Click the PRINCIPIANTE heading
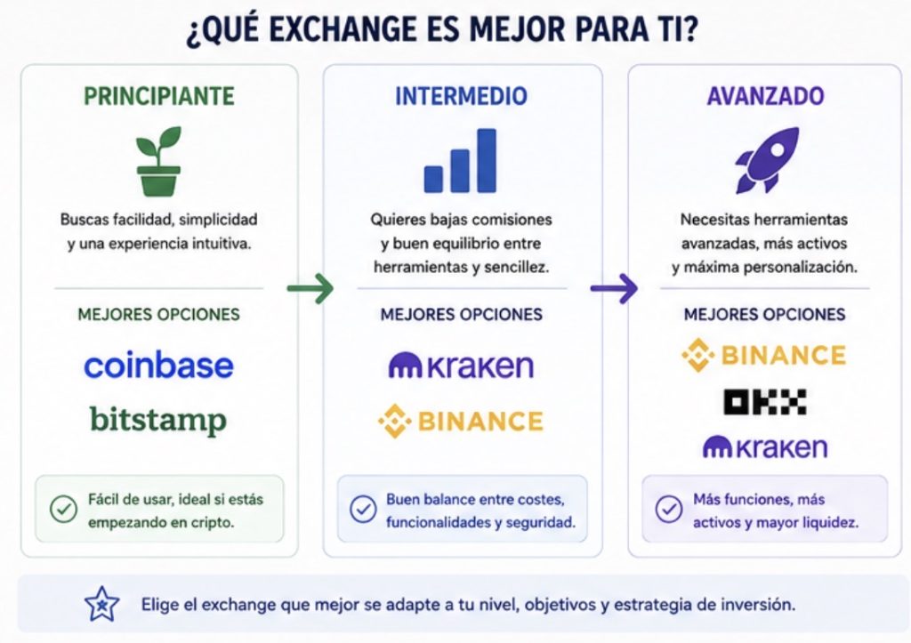coord(159,96)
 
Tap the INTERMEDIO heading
coord(462,96)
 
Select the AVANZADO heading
coord(765,96)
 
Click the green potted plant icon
coord(158,161)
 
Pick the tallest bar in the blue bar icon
coord(487,160)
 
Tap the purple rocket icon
coord(766,160)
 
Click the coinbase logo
coord(158,366)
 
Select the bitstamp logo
coord(158,420)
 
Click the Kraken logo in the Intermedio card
coord(461,366)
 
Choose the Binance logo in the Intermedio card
coord(461,422)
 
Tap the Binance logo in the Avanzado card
coord(764,355)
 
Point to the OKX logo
coord(764,402)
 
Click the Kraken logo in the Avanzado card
coord(764,447)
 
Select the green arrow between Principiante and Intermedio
coord(310,288)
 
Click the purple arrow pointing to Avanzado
coord(614,288)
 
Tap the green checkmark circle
coord(63,510)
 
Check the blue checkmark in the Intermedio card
coord(363,510)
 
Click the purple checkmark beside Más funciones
coord(669,510)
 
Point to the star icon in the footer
coord(101,604)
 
